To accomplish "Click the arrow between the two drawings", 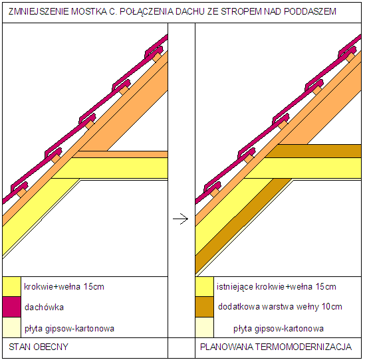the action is pos(180,219).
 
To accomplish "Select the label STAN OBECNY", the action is pos(39,347).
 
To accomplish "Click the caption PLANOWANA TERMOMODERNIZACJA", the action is pos(276,347).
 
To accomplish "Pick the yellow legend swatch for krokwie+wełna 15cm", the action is pos(12,287).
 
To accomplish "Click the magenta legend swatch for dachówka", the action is pos(12,307).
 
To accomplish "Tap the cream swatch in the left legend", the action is pos(12,327).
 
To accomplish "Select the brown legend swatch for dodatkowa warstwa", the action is pos(204,307).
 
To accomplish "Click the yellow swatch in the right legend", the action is pos(204,287).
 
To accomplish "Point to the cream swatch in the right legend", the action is pos(204,327).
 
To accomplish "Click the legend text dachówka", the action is pos(45,308).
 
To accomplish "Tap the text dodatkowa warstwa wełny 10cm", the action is pos(280,307).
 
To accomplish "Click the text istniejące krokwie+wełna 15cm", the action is pos(277,287).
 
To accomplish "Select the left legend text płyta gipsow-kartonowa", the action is pos(69,329).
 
